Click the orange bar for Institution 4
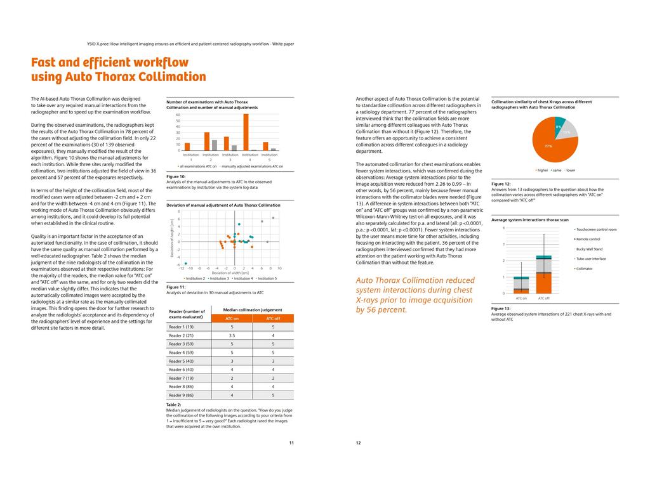246,132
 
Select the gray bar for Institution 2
214,145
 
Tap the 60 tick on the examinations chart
178,115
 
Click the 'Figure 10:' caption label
176,177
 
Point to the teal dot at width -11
186,263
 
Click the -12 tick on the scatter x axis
182,269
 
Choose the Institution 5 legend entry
267,278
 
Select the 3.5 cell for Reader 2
232,335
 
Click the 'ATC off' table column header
273,318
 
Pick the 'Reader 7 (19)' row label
181,378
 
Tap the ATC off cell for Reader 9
273,395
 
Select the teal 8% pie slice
559,125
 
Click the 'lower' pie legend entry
570,170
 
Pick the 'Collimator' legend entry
585,269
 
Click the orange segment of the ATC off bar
544,283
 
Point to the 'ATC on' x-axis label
521,297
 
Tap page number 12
358,443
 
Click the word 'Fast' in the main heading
47,62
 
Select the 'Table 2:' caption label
173,405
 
